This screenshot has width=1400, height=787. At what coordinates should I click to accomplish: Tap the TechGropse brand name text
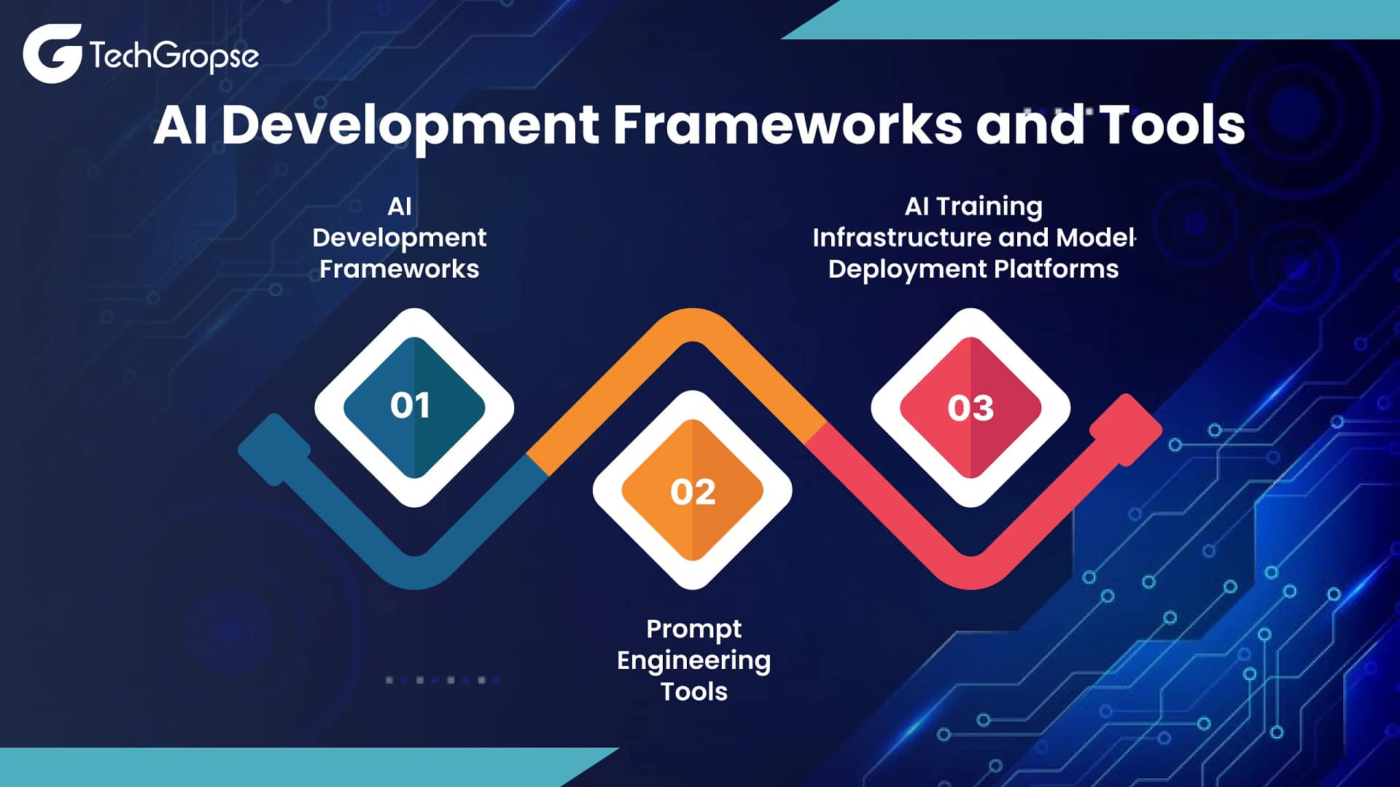pyautogui.click(x=174, y=56)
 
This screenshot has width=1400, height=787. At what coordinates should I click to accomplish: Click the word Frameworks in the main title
pyautogui.click(x=787, y=125)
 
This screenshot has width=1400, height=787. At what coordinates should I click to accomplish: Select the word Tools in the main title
pyautogui.click(x=1172, y=125)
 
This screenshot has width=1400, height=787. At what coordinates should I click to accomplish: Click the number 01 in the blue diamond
pyautogui.click(x=410, y=406)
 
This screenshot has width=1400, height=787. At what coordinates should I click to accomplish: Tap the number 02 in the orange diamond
pyautogui.click(x=693, y=493)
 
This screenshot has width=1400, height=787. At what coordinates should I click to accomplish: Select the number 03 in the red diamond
pyautogui.click(x=971, y=408)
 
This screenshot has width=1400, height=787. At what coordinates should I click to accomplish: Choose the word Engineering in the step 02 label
pyautogui.click(x=693, y=662)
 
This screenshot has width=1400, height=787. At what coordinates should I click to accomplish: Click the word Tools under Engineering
pyautogui.click(x=693, y=692)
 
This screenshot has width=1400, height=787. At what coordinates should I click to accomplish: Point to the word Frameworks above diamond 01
pyautogui.click(x=400, y=269)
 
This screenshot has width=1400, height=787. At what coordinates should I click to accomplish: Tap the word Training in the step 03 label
pyautogui.click(x=989, y=208)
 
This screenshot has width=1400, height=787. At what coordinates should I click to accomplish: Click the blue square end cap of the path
pyautogui.click(x=274, y=450)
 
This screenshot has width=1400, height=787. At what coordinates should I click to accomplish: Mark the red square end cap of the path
pyautogui.click(x=1126, y=430)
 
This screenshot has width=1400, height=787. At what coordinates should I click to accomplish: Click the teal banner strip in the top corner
pyautogui.click(x=1090, y=20)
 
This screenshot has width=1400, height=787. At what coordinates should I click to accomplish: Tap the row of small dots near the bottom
pyautogui.click(x=443, y=680)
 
